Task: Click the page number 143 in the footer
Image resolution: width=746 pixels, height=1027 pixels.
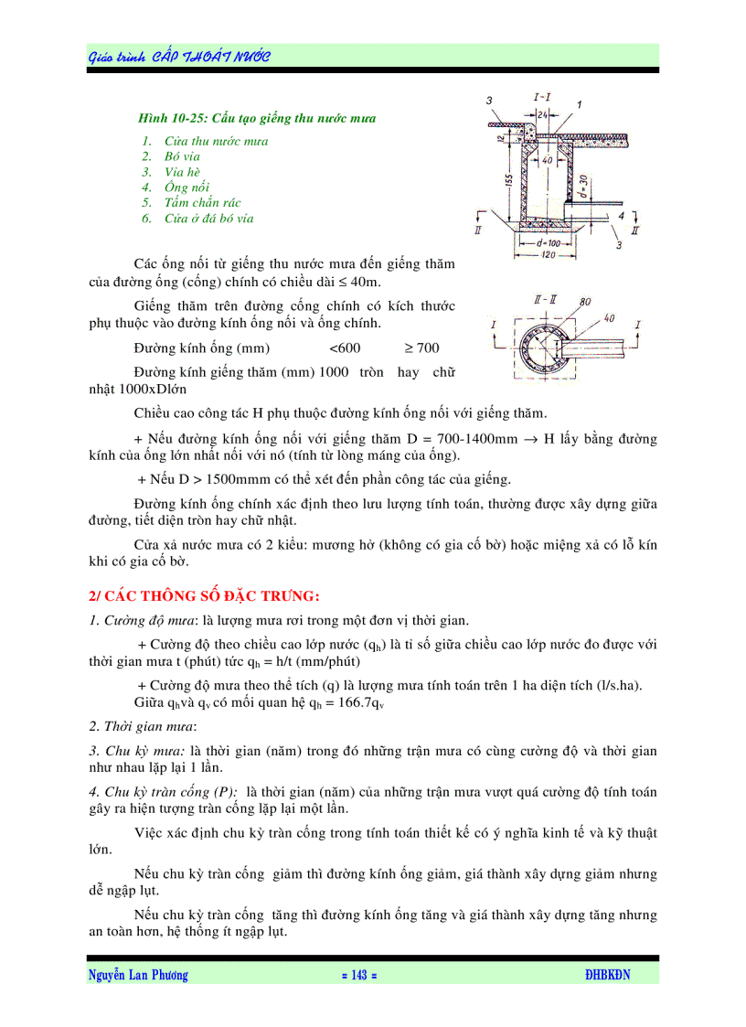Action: (x=358, y=976)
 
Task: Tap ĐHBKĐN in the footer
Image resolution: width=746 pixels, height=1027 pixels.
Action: (x=607, y=976)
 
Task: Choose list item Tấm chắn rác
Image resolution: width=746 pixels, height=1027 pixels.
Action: (x=202, y=203)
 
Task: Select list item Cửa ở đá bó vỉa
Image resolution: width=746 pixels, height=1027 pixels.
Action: (x=208, y=219)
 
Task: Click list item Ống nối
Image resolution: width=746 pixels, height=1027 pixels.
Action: (x=186, y=187)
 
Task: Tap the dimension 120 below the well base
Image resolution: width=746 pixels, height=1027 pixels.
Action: (x=547, y=255)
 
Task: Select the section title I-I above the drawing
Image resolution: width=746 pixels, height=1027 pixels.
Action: (x=542, y=96)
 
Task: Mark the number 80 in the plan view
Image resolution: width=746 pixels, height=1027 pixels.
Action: (x=584, y=301)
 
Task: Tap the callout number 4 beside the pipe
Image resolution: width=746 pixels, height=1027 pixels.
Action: (x=621, y=216)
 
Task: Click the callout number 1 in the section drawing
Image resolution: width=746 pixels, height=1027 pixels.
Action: (x=580, y=104)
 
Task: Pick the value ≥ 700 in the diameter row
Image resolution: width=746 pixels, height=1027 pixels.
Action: (x=421, y=348)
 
